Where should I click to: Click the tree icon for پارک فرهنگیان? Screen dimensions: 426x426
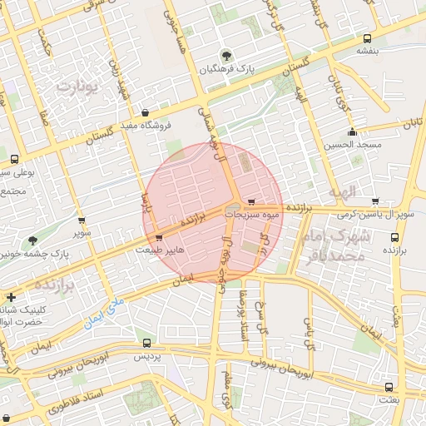[226, 56]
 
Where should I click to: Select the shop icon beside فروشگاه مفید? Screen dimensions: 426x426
[146, 113]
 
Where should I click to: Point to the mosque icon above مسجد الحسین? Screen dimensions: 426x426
[352, 131]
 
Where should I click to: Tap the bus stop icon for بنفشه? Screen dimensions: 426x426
[368, 37]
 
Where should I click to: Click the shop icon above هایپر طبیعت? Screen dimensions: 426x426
[159, 237]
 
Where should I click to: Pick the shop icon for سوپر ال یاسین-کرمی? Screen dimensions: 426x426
[375, 201]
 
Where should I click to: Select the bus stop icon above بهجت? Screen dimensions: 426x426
[389, 387]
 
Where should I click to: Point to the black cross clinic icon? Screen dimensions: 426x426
[10, 296]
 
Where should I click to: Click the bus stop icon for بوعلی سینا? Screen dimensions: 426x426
[14, 159]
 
